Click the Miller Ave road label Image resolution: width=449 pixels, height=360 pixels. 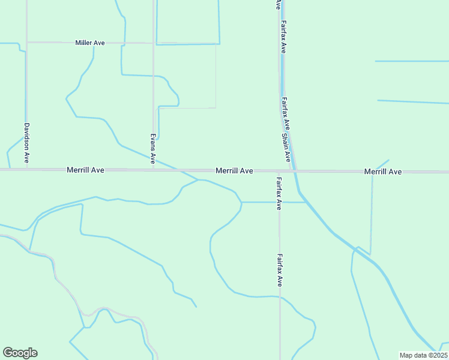pos(90,43)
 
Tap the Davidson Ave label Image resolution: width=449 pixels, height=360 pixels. pos(26,144)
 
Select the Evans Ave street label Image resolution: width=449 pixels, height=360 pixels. pos(153,148)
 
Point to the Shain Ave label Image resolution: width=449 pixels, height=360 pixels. pos(288,148)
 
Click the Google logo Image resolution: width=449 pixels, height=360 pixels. pos(20,353)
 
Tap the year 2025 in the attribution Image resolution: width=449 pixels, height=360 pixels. pos(437,355)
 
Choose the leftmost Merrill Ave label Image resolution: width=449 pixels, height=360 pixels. pos(85,170)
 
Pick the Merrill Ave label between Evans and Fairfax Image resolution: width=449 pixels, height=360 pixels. pos(234,171)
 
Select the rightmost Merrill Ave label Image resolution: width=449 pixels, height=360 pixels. pos(382,172)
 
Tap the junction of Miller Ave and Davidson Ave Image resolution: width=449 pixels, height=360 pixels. pos(26,43)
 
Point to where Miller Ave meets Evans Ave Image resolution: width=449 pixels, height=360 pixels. pos(153,43)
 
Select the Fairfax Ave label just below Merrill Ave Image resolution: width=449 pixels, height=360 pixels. pos(279,193)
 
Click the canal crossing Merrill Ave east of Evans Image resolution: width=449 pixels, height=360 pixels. pos(179,171)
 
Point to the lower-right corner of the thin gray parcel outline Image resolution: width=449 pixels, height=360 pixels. pos(215,108)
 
